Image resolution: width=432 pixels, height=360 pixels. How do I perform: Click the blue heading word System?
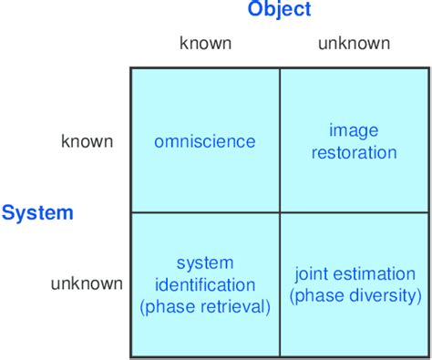(37, 213)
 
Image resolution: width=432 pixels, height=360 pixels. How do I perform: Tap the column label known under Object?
(205, 43)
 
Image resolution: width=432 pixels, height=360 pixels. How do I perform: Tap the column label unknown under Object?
(354, 43)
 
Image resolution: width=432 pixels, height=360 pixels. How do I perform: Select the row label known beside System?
(87, 141)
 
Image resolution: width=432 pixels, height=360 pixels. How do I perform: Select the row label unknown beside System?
(87, 283)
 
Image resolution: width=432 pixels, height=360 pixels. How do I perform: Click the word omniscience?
(205, 141)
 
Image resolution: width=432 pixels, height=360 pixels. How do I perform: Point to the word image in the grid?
(355, 131)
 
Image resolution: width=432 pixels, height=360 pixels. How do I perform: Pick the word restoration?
(355, 152)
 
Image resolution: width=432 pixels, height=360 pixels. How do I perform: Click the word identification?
(205, 284)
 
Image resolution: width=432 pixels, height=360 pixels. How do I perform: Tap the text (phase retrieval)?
(205, 306)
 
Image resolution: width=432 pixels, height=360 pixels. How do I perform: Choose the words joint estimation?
(355, 273)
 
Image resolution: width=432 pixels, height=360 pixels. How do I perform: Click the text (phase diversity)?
(355, 295)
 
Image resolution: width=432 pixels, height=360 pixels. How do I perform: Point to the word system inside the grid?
(205, 263)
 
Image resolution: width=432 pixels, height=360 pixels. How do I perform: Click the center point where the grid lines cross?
(280, 212)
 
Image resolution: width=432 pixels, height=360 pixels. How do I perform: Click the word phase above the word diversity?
(321, 295)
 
